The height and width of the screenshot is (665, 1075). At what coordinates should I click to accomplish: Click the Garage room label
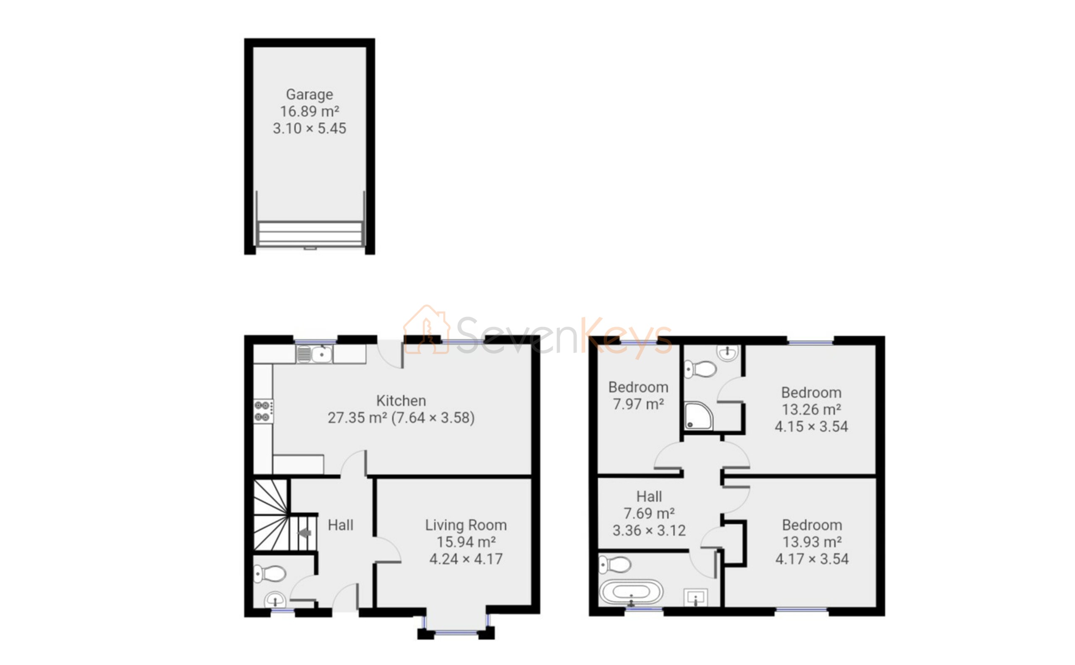(x=309, y=95)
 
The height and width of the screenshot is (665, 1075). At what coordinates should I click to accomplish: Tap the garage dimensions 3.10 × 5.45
(x=309, y=129)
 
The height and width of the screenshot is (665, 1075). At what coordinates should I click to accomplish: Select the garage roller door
(x=309, y=233)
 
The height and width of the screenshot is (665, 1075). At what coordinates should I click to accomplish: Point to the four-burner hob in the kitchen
(x=263, y=411)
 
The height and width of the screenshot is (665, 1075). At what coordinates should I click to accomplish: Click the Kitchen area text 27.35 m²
(x=357, y=418)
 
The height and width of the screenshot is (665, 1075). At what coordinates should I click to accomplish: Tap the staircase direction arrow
(x=305, y=533)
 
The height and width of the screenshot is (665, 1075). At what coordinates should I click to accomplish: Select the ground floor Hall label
(x=340, y=525)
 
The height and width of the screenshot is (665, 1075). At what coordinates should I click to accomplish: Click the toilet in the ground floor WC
(x=270, y=573)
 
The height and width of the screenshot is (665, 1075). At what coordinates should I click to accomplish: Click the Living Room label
(x=466, y=525)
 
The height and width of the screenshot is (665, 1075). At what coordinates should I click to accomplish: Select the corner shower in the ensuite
(x=698, y=415)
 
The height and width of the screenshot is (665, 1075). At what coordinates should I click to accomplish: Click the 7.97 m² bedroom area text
(x=638, y=404)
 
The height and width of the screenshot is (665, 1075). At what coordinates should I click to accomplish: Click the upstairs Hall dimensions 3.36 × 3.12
(x=649, y=531)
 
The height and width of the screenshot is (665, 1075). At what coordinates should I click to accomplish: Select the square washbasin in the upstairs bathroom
(x=695, y=597)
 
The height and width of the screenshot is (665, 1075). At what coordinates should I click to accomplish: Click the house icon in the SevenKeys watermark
(x=427, y=330)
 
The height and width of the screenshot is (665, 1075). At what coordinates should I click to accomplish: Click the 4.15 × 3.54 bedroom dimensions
(x=811, y=426)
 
